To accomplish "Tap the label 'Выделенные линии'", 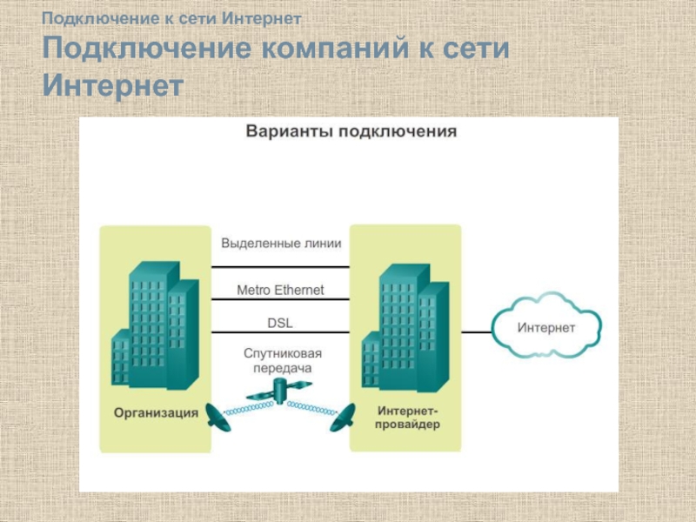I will coord(280,244).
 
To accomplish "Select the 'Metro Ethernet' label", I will coord(280,290).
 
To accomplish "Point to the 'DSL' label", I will coord(280,323).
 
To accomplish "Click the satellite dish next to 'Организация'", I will coord(217,419).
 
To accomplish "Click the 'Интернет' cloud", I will coord(546,329).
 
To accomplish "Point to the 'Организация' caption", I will coord(156,412).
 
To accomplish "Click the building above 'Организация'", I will coord(156,326).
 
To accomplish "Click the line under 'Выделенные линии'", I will coord(280,267).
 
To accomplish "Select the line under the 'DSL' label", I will coord(280,332).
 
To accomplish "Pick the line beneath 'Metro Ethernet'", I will coord(280,300).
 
